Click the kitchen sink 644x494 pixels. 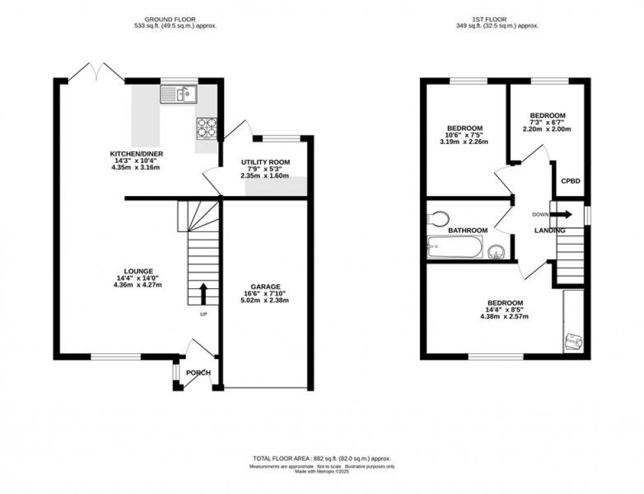click(x=179, y=95)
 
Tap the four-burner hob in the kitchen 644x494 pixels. click(x=206, y=127)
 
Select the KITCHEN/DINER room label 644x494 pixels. click(x=136, y=154)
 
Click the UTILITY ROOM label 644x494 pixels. click(x=265, y=162)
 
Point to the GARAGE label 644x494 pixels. click(x=265, y=286)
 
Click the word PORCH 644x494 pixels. click(x=198, y=373)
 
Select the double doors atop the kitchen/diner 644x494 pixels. click(x=96, y=72)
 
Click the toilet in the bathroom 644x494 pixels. click(x=438, y=217)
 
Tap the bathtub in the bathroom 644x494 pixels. click(x=454, y=249)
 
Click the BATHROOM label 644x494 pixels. click(x=468, y=230)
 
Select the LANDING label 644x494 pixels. click(x=550, y=230)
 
